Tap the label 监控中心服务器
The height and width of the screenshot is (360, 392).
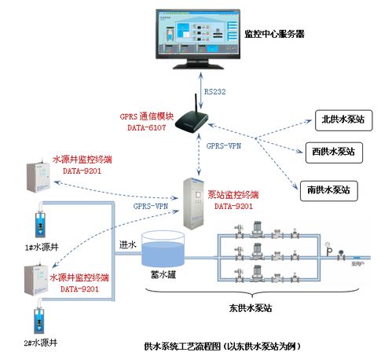point(274,35)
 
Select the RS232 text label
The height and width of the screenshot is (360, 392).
point(215,92)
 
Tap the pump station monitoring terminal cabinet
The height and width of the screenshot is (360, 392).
point(196,204)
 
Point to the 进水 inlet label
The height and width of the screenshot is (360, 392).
point(128,244)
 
